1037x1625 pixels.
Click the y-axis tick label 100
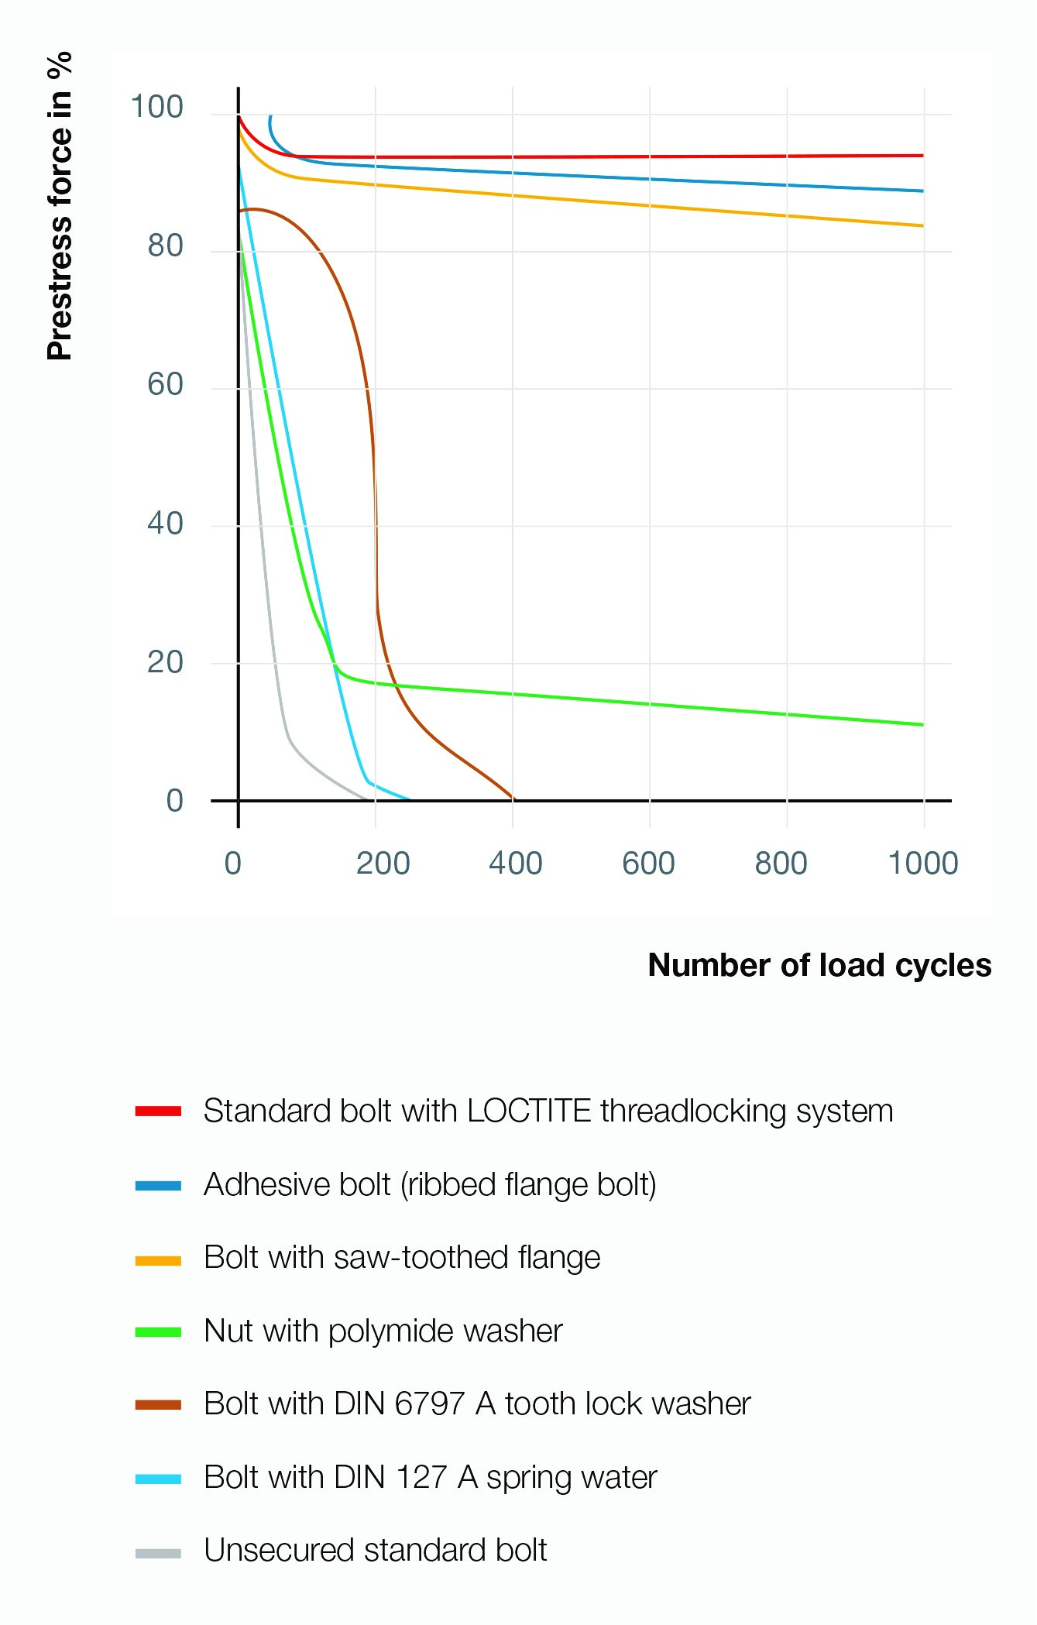pyautogui.click(x=157, y=107)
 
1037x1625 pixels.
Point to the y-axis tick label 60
pyautogui.click(x=165, y=384)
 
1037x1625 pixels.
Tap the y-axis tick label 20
pyautogui.click(x=165, y=662)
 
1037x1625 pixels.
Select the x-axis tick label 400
pyautogui.click(x=515, y=863)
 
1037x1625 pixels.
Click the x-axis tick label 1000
pyautogui.click(x=923, y=863)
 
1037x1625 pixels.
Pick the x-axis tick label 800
pyautogui.click(x=781, y=863)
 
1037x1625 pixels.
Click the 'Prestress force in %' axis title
pyautogui.click(x=60, y=206)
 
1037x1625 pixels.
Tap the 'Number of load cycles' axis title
pyautogui.click(x=819, y=965)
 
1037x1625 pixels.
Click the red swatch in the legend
pyautogui.click(x=158, y=1111)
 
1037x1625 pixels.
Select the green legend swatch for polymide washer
pyautogui.click(x=158, y=1332)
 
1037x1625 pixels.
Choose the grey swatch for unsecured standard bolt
pyautogui.click(x=158, y=1552)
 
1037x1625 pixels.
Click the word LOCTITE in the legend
pyautogui.click(x=529, y=1111)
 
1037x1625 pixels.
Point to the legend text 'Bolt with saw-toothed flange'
pyautogui.click(x=402, y=1258)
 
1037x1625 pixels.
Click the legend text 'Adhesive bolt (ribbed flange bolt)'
pyautogui.click(x=430, y=1185)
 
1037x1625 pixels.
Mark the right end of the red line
pyautogui.click(x=922, y=156)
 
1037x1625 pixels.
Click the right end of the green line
pyautogui.click(x=922, y=725)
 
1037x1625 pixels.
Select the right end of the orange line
pyautogui.click(x=922, y=226)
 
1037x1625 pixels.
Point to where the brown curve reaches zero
pyautogui.click(x=513, y=798)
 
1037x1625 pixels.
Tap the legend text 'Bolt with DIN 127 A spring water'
pyautogui.click(x=430, y=1478)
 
